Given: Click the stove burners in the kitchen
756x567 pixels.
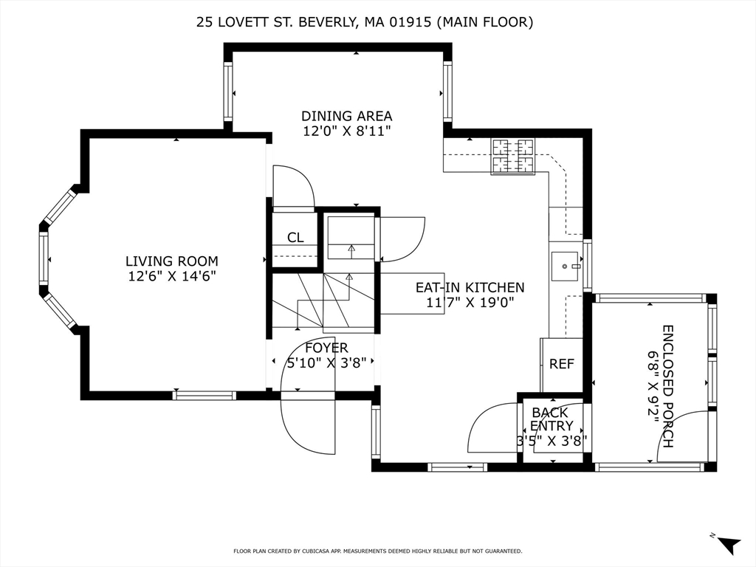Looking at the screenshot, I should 512,156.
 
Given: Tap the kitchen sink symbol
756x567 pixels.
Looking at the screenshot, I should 566,264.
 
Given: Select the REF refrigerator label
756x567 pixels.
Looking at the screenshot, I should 561,364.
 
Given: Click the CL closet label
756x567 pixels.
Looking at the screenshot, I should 295,238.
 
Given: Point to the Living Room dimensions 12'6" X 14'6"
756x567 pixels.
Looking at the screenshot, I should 171,276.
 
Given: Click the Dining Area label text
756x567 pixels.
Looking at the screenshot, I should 346,116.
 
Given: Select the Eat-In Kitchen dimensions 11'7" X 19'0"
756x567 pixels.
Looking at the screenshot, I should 470,302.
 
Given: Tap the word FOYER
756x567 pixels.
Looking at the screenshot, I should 326,348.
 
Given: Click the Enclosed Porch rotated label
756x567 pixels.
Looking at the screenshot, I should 667,386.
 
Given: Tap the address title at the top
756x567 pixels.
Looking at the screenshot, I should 365,22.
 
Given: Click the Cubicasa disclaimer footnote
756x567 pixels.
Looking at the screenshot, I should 377,551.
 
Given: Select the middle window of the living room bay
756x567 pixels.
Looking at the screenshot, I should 44,258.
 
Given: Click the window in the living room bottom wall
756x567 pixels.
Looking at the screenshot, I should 204,396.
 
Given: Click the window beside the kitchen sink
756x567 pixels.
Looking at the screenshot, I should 588,264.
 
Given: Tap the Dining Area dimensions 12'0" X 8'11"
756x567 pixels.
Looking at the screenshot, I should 346,131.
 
